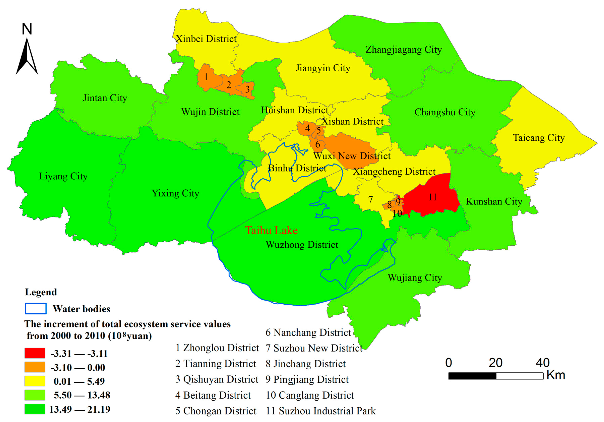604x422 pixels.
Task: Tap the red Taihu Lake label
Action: [271, 231]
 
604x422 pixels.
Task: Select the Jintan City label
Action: [105, 98]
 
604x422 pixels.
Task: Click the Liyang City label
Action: [63, 176]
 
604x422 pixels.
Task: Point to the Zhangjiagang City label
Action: [404, 49]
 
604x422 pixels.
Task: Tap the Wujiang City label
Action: [415, 278]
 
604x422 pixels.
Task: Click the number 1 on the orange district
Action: [206, 77]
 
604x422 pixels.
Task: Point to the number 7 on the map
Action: [370, 199]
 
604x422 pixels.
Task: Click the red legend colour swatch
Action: [35, 353]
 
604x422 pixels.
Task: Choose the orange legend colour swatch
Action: [35, 367]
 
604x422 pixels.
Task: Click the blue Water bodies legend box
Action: [36, 309]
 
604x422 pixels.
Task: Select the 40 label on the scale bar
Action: [543, 363]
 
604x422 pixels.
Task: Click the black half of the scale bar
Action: [472, 376]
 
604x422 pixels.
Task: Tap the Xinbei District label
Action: [206, 39]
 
